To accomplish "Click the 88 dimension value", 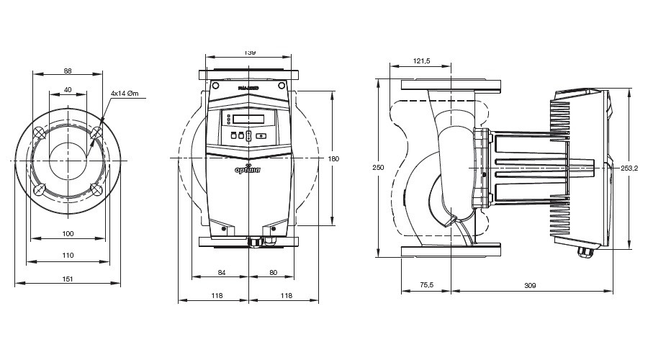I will pyautogui.click(x=68, y=71).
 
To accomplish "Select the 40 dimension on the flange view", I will pyautogui.click(x=68, y=90).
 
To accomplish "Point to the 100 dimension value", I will pyautogui.click(x=68, y=233).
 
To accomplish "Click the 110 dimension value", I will pyautogui.click(x=68, y=256).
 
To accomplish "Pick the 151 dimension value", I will pyautogui.click(x=68, y=277).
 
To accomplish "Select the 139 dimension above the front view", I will pyautogui.click(x=249, y=53).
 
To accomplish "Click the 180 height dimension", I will pyautogui.click(x=333, y=158).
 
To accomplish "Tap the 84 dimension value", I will pyautogui.click(x=222, y=272).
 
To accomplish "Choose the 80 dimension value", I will pyautogui.click(x=273, y=272).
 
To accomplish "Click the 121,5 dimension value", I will pyautogui.click(x=421, y=61).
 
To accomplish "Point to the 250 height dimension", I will pyautogui.click(x=379, y=167).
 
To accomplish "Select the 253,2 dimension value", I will pyautogui.click(x=630, y=168).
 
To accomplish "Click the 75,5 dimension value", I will pyautogui.click(x=426, y=286).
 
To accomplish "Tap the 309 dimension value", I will pyautogui.click(x=530, y=286).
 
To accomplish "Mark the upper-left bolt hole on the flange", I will pyautogui.click(x=39, y=130).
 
